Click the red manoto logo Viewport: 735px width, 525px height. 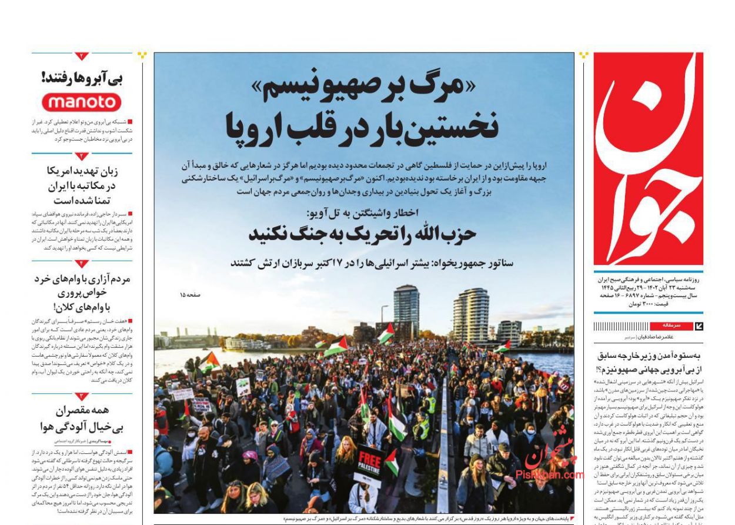[x=82, y=102]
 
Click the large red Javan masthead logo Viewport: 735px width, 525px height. [x=648, y=159]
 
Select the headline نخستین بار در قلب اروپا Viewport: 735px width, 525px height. [x=363, y=125]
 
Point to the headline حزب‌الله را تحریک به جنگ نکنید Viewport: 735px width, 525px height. [x=362, y=233]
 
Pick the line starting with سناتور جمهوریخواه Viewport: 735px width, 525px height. [x=372, y=262]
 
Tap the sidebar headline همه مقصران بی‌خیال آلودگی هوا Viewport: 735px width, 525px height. [x=82, y=418]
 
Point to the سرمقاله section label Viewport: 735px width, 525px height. [x=671, y=325]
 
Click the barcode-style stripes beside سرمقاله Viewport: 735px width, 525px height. [x=623, y=326]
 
